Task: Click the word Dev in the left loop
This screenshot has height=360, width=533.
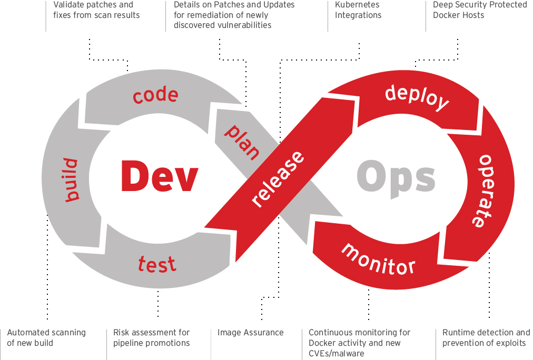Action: coord(159,176)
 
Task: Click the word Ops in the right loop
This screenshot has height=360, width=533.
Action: coord(396,177)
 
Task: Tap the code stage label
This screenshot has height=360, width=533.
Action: coord(155,95)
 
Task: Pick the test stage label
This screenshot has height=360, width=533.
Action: coord(157,263)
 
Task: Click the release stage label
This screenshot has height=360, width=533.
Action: coord(279,179)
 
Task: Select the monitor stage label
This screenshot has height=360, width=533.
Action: coord(379,258)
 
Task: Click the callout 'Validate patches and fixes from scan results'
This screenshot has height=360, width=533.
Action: coord(96,10)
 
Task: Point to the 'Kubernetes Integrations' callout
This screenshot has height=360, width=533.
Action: coord(358,10)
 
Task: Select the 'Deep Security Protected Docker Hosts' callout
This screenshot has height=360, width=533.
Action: coord(480,10)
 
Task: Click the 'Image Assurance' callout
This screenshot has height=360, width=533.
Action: coord(251,333)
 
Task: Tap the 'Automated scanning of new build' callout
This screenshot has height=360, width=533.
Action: coord(46,338)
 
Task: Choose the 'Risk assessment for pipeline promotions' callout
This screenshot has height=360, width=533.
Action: coord(152,338)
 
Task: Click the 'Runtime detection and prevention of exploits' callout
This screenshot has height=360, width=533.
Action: coord(486,338)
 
